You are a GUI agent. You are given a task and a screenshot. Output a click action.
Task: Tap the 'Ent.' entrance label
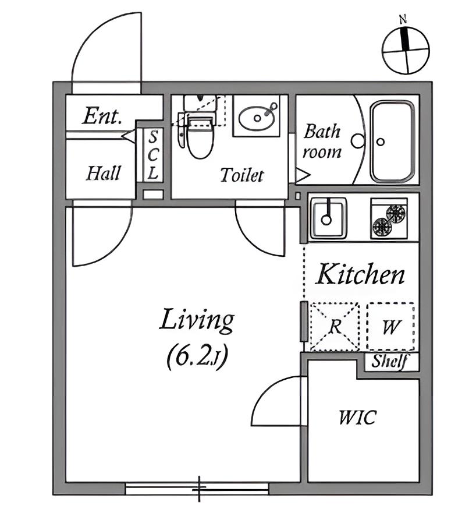[102, 116]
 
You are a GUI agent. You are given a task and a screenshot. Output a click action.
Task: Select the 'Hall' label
[104, 173]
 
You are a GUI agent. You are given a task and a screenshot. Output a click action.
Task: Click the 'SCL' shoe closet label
[153, 155]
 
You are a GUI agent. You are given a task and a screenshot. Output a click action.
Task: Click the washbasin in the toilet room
[256, 118]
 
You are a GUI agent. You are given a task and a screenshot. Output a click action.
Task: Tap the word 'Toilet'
[241, 175]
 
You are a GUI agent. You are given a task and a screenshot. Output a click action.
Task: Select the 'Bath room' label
[322, 141]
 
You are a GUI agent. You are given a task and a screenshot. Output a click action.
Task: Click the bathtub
[393, 141]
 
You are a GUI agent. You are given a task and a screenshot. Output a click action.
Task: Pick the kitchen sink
[328, 218]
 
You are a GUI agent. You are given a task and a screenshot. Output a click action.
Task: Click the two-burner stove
[389, 219]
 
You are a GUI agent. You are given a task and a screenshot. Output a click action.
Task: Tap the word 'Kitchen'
[360, 274]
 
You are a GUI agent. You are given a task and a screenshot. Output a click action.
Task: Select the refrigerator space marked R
[334, 326]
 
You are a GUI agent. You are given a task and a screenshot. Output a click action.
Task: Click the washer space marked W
[390, 326]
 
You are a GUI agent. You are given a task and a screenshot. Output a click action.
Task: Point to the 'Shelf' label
[389, 361]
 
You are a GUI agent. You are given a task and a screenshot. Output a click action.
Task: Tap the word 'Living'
[197, 320]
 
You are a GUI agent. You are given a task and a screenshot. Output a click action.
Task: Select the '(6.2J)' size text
[197, 355]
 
